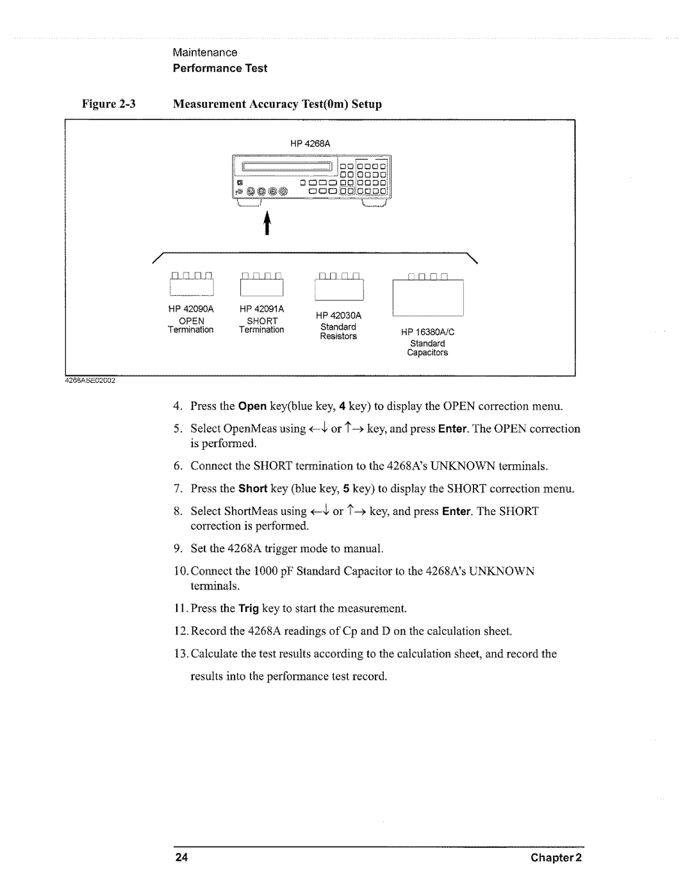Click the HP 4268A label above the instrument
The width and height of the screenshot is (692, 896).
(x=313, y=143)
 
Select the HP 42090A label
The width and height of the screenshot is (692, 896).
(x=191, y=309)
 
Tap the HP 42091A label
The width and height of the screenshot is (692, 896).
(x=261, y=309)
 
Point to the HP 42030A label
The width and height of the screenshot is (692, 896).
(x=338, y=316)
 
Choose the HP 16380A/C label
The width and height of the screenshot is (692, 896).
(x=427, y=332)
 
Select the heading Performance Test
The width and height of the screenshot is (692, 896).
(x=220, y=68)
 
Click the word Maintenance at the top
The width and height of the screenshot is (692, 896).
(x=204, y=52)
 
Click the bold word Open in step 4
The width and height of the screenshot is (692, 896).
(x=252, y=406)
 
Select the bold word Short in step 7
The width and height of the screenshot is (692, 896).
(x=253, y=489)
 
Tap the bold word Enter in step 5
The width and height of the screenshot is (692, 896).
(x=456, y=428)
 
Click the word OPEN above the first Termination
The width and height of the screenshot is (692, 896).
(x=191, y=321)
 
